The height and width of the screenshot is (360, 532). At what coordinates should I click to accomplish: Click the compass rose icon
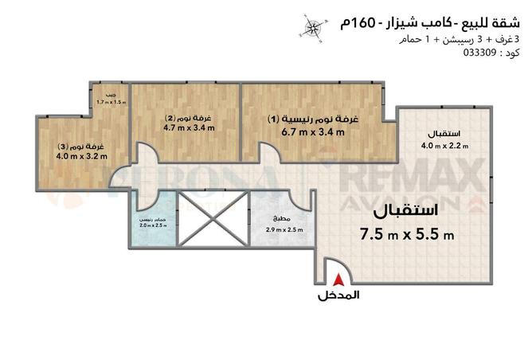coord(313,27)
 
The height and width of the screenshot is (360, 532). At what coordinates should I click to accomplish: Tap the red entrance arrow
coord(339,280)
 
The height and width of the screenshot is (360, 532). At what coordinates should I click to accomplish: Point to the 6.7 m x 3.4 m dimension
coord(312,132)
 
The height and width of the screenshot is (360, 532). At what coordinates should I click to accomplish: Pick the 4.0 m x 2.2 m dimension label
coord(444,145)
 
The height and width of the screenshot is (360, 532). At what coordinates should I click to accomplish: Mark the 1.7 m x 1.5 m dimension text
coord(111,103)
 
